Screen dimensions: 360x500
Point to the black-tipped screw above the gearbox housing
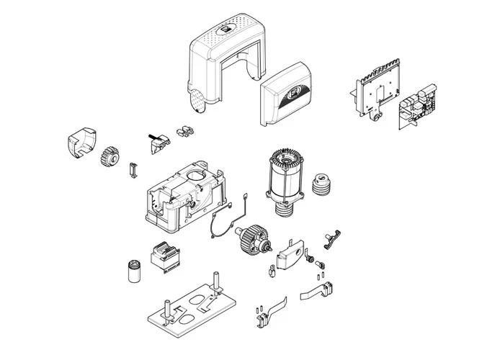pos(153,135)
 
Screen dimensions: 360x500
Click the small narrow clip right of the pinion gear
pos(131,170)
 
